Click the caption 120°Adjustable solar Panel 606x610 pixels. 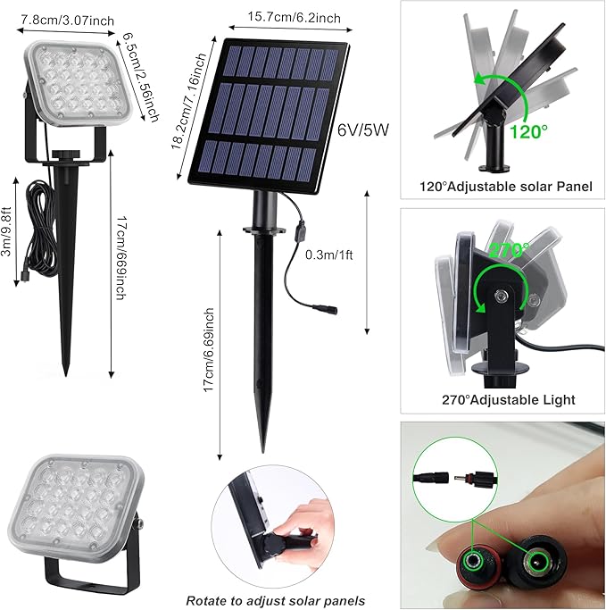(x=501, y=188)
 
